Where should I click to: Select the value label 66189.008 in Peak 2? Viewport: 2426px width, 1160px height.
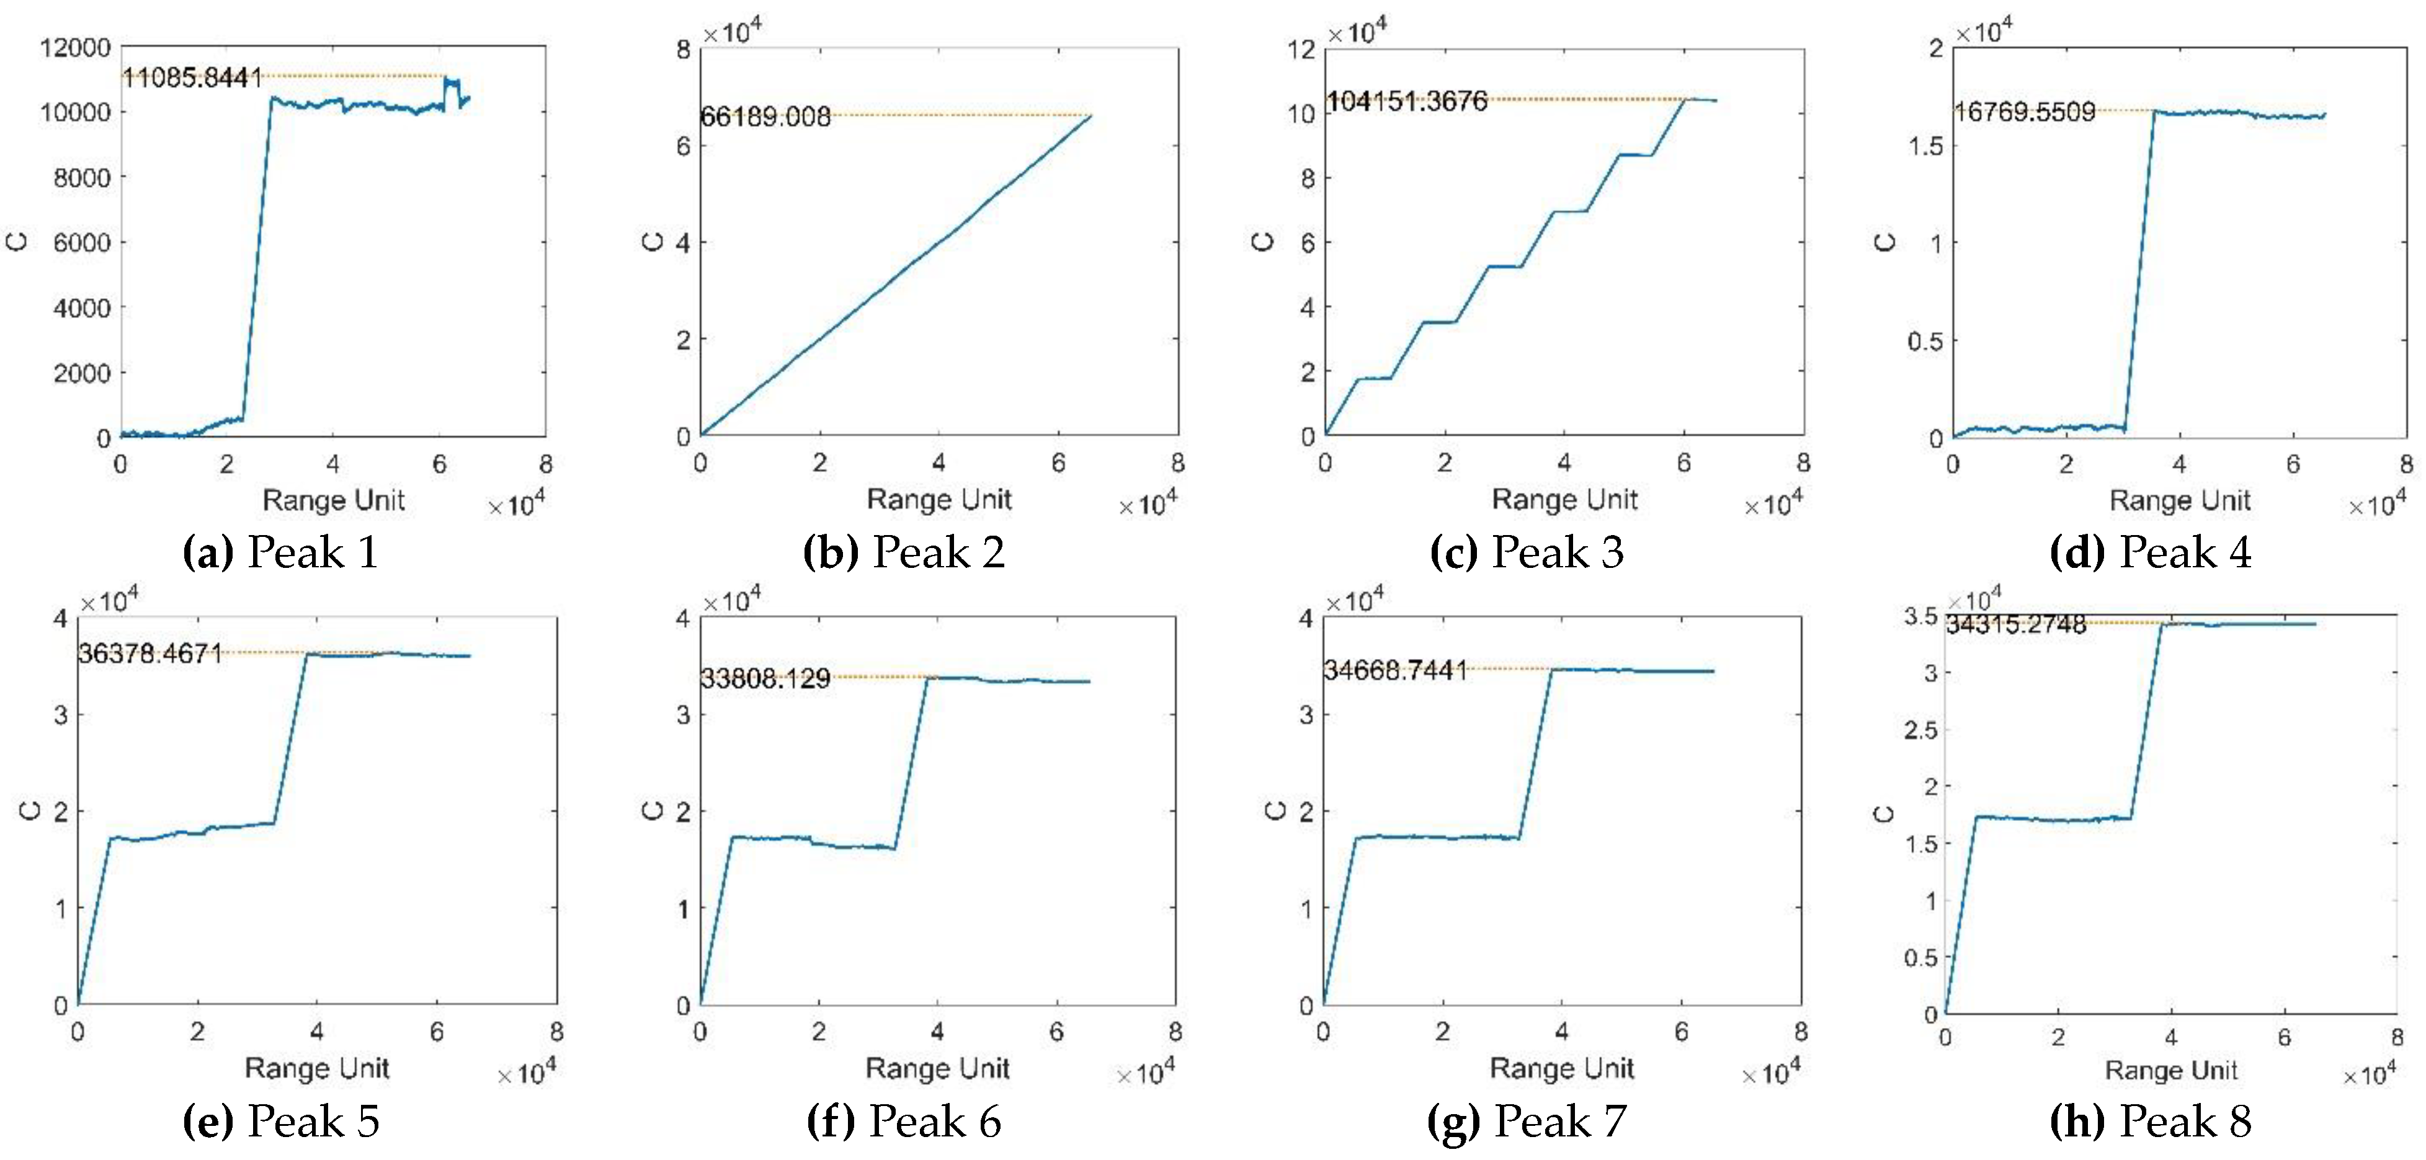[x=765, y=117]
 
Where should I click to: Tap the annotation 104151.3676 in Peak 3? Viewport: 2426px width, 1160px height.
[x=1407, y=100]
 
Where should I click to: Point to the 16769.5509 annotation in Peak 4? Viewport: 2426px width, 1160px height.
[x=2025, y=112]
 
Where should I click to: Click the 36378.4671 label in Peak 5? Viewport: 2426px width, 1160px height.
[x=151, y=653]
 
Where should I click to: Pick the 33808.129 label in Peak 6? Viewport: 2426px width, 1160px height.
[x=765, y=679]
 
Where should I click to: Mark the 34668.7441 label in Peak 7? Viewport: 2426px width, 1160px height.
[x=1396, y=670]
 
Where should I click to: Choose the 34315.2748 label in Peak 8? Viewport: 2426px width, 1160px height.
[x=2017, y=624]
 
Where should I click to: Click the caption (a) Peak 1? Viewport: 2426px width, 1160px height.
[x=280, y=552]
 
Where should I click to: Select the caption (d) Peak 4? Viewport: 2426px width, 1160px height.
[x=2151, y=552]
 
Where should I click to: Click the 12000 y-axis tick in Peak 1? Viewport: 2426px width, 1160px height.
[x=74, y=47]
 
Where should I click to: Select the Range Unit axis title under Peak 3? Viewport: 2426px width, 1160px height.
[x=1564, y=499]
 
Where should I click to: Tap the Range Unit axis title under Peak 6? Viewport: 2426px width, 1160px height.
[x=937, y=1069]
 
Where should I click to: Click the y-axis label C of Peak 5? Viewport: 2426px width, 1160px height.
[x=31, y=811]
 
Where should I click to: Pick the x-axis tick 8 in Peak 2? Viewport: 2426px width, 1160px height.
[x=1177, y=463]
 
